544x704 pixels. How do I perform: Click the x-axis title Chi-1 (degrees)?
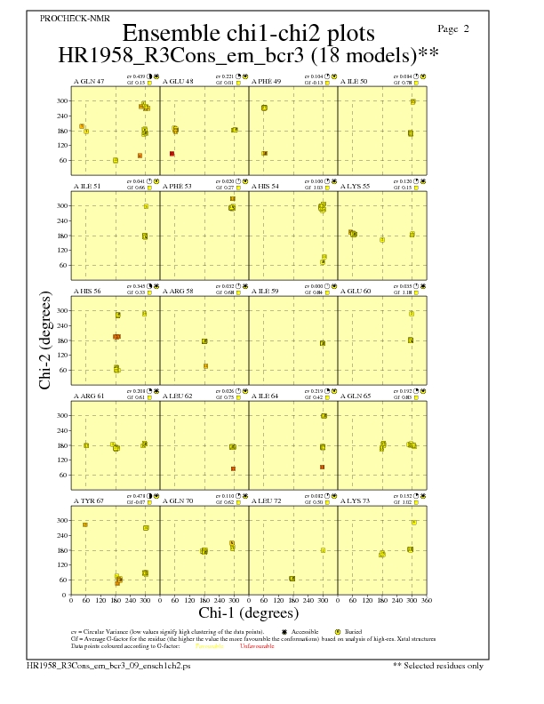[x=248, y=612]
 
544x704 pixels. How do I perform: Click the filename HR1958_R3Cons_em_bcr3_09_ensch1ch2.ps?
[x=94, y=665]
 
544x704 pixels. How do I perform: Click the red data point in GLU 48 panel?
[x=172, y=154]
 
